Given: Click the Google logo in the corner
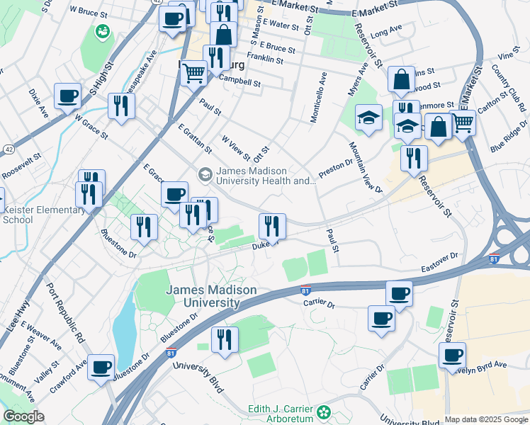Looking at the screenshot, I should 23,416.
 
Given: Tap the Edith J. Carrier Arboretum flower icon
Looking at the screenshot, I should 324,412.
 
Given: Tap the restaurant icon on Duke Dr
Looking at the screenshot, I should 272,227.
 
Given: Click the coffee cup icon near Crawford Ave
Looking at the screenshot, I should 102,367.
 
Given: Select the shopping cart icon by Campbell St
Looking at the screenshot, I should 193,72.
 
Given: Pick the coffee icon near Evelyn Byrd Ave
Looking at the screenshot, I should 452,355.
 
